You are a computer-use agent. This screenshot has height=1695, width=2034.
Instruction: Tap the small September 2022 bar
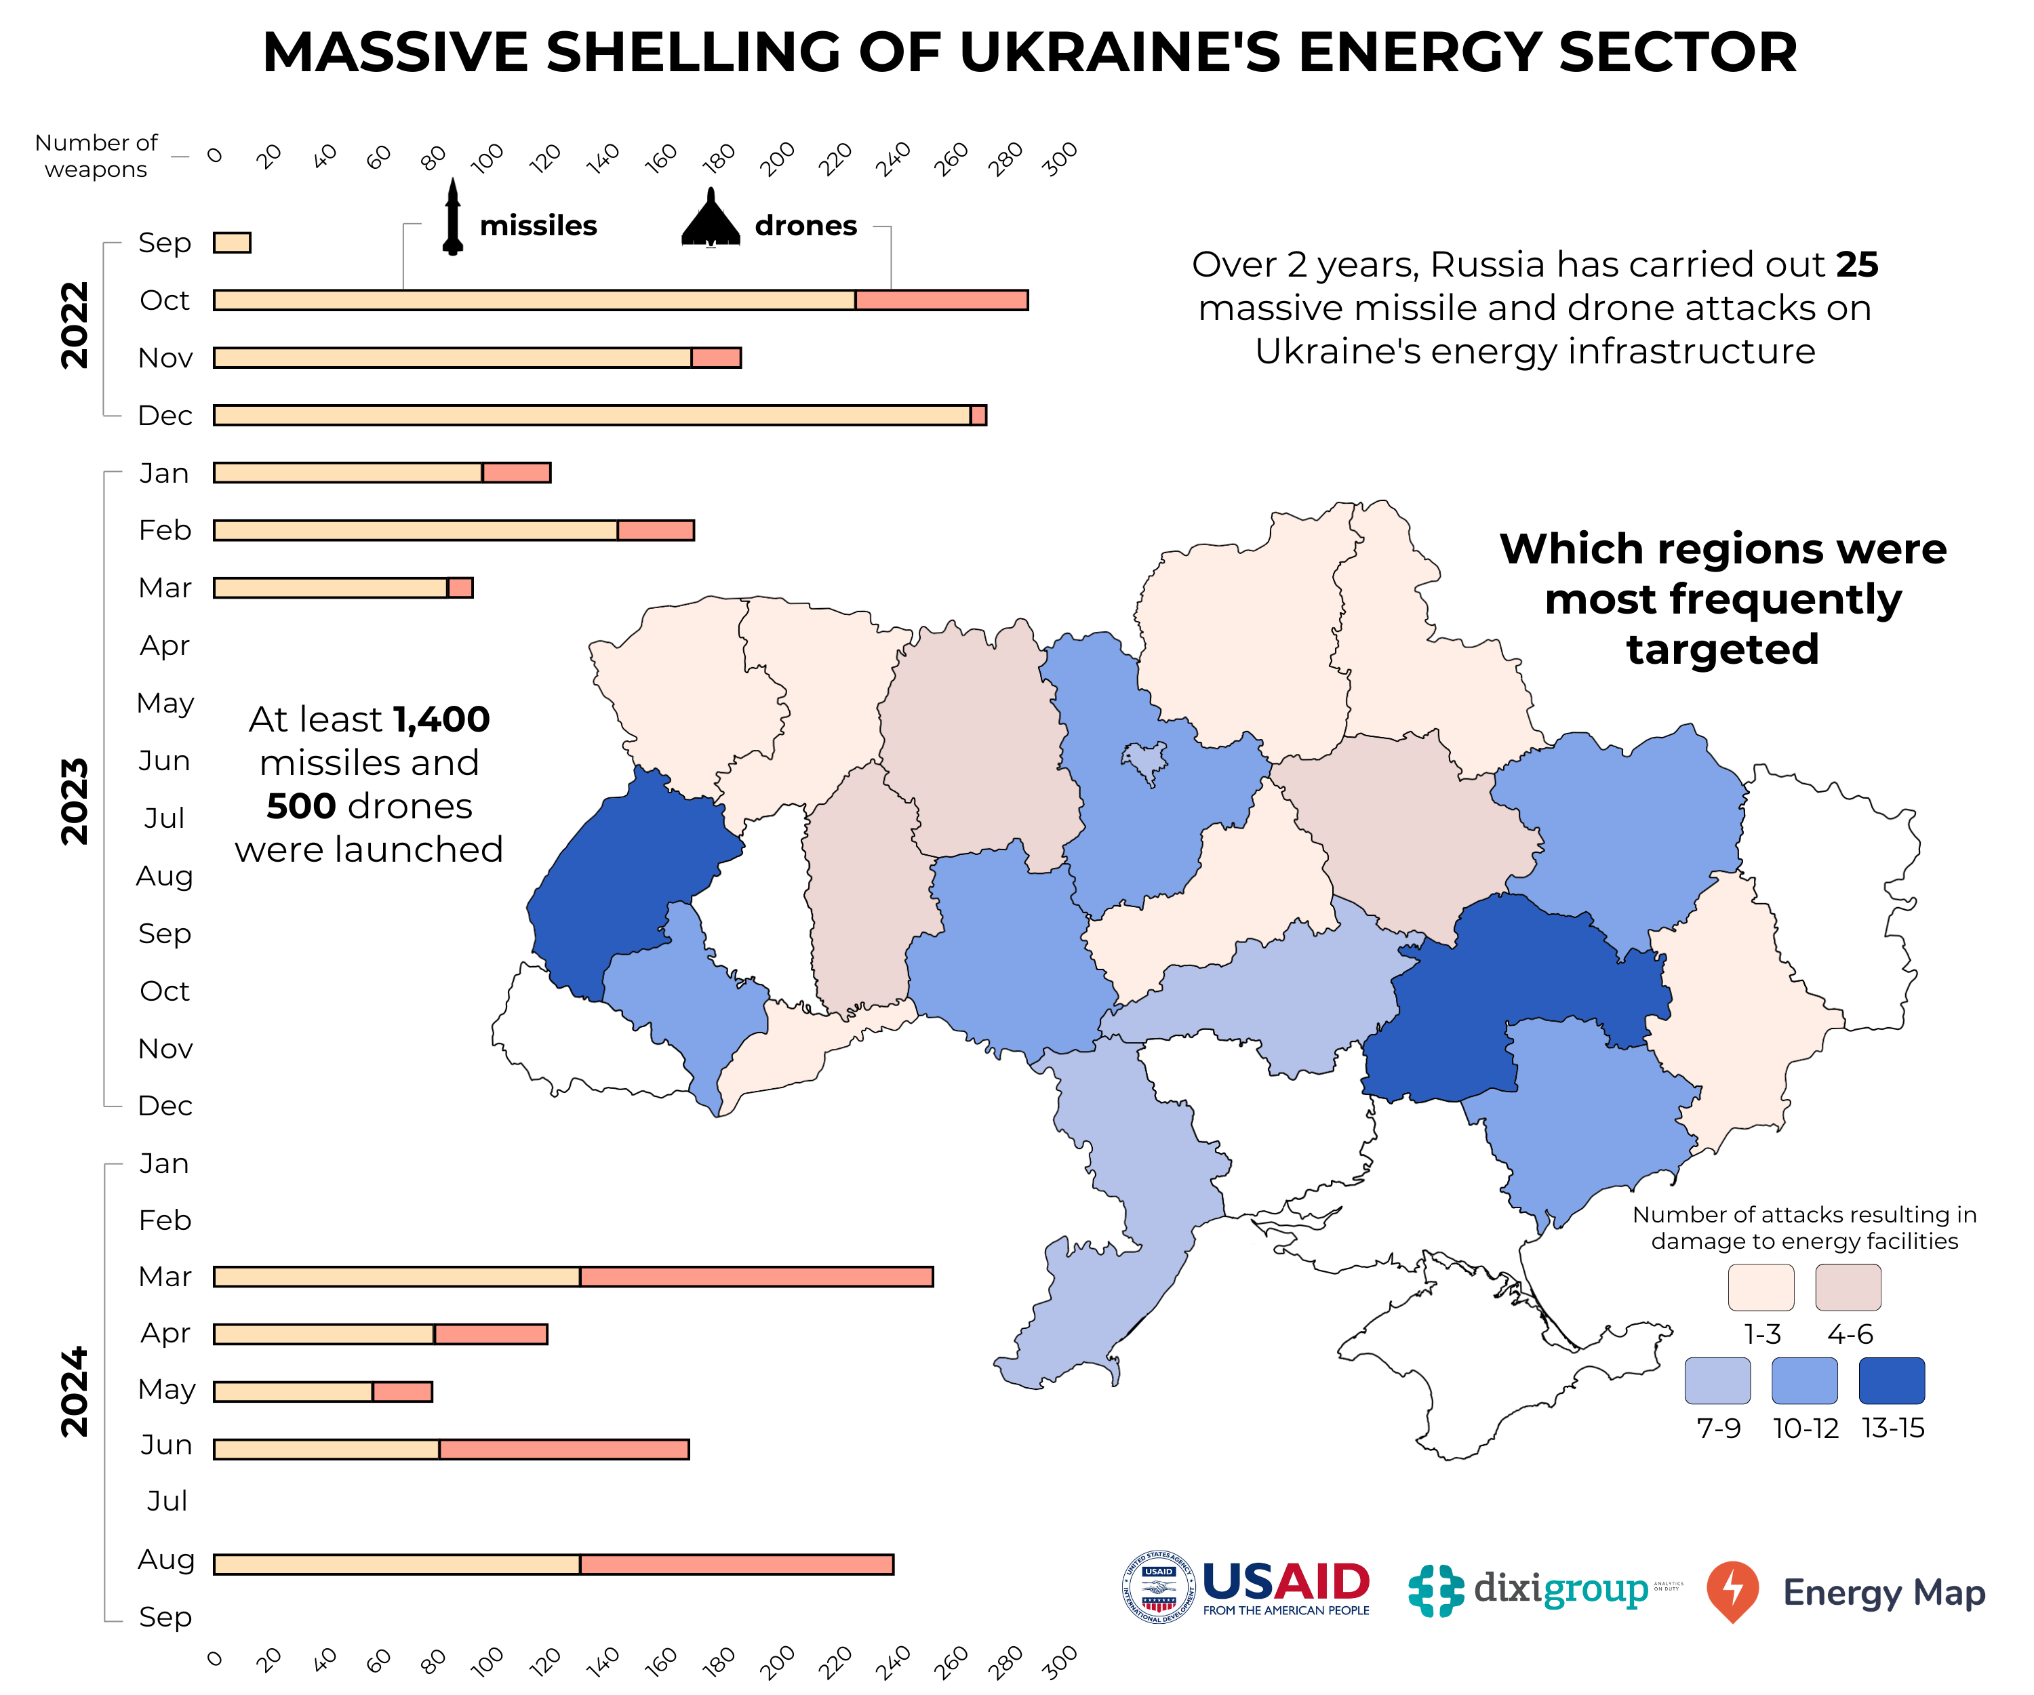pos(231,242)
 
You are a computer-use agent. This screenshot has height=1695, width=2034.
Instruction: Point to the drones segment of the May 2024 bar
pos(402,1391)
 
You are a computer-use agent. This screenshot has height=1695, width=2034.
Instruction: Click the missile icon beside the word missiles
pos(452,217)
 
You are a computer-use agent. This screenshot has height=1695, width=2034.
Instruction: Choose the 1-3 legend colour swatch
pos(1760,1286)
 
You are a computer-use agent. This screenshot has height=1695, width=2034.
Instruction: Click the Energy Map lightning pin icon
pos(1732,1589)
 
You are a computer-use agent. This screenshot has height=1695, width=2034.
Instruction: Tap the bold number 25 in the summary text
pos(1857,264)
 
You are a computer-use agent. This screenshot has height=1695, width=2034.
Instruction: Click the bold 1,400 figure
pos(441,719)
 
